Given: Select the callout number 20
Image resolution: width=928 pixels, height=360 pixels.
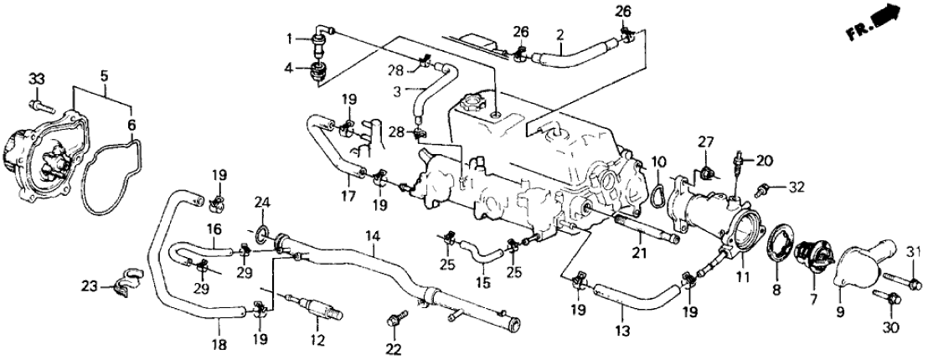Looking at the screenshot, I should click(x=762, y=159).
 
